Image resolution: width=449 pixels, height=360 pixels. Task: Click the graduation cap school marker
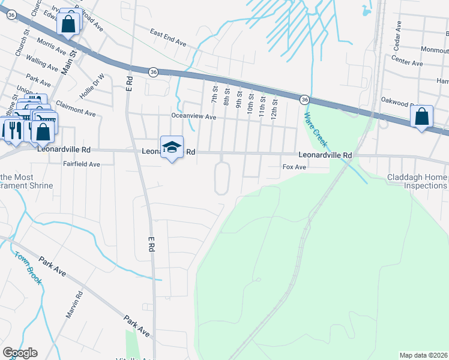coord(172,147)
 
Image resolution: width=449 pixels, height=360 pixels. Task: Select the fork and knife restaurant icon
coord(12,129)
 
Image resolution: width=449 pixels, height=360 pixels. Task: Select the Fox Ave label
coord(294,168)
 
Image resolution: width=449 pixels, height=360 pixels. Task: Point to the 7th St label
coord(214,93)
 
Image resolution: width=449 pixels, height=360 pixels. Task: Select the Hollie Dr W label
coord(92,86)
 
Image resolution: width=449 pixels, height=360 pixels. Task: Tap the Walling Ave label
coord(42,62)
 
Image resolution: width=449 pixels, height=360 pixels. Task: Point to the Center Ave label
coord(407,62)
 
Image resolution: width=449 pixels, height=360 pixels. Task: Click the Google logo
coord(20,353)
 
